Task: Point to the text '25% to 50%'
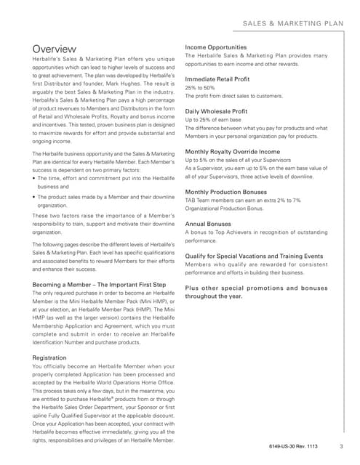(x=201, y=88)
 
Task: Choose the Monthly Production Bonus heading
(x=233, y=192)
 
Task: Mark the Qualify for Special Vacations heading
(x=254, y=256)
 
